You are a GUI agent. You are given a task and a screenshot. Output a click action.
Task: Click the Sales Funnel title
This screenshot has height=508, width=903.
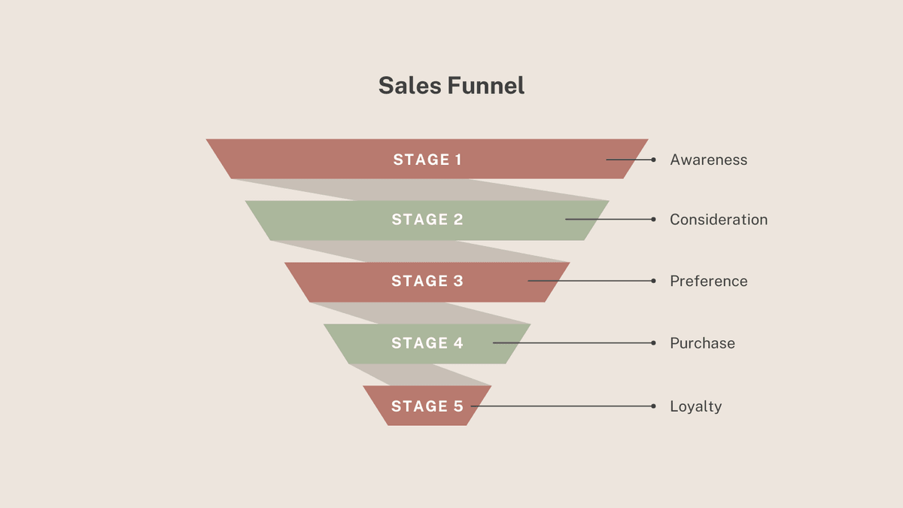click(451, 85)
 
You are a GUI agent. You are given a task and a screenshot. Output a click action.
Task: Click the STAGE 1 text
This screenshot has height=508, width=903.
click(427, 160)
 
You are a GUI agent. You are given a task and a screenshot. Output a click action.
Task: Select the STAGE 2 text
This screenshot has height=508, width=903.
click(427, 220)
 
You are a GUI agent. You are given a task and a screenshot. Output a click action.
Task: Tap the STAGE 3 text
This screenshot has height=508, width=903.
click(427, 281)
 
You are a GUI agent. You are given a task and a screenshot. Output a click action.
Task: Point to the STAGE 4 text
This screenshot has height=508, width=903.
click(427, 343)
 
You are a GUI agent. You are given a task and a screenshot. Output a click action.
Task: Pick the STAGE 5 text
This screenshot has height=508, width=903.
click(427, 406)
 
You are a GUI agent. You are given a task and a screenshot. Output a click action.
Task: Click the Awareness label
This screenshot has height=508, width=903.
click(708, 160)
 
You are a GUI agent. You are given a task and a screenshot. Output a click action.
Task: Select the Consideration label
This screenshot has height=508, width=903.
click(719, 220)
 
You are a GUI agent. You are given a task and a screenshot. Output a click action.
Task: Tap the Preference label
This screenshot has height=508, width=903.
click(708, 281)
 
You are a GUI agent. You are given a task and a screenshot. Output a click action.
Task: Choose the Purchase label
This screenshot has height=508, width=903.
click(702, 343)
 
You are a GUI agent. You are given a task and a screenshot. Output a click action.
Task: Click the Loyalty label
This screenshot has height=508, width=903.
click(695, 406)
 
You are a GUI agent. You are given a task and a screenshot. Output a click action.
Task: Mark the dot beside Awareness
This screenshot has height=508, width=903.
click(653, 160)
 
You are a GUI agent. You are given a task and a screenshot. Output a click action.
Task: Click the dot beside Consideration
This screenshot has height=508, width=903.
click(653, 219)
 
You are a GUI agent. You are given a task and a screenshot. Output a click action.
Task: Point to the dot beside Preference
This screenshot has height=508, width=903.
click(653, 281)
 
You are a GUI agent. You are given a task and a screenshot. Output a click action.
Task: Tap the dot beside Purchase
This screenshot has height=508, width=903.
click(653, 342)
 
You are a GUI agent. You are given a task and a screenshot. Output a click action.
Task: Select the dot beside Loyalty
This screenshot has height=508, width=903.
click(653, 406)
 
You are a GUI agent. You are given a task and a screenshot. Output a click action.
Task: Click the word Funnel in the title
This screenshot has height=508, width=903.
click(487, 85)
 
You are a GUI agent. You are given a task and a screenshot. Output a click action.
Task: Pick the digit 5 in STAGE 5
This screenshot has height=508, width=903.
click(458, 406)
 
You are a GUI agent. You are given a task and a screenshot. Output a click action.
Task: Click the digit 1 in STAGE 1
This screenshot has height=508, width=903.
click(458, 160)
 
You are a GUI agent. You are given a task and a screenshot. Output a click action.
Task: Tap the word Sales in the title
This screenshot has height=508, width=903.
click(411, 85)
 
